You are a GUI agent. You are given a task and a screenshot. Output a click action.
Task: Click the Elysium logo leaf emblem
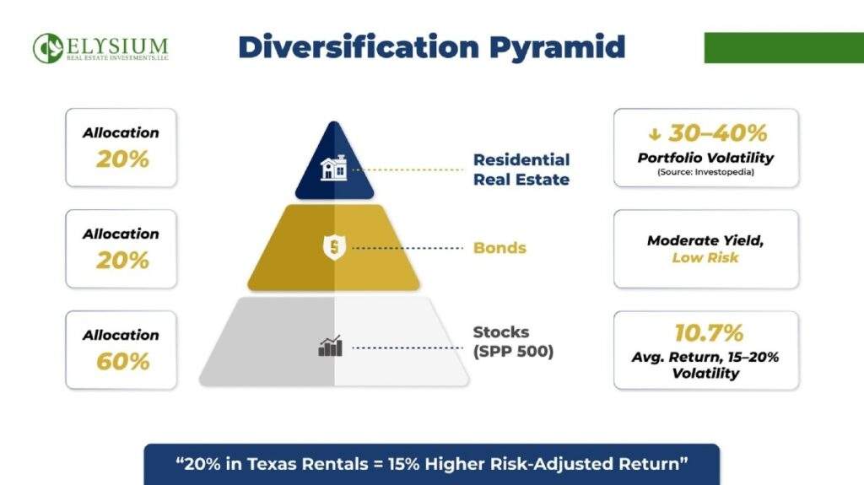click(x=48, y=48)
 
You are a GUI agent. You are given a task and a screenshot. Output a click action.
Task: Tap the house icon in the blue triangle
click(x=334, y=168)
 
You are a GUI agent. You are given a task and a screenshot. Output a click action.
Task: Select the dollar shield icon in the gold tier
click(x=334, y=248)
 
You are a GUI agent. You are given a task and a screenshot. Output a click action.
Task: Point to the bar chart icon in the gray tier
click(x=330, y=346)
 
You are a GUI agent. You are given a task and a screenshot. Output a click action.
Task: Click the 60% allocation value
click(x=121, y=361)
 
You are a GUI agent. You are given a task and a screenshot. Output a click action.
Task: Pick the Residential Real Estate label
click(x=521, y=169)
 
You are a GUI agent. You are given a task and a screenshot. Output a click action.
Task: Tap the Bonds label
click(x=499, y=248)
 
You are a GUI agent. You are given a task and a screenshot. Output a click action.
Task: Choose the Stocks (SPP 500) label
click(x=513, y=342)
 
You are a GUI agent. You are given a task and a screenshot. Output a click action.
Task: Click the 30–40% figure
click(x=717, y=132)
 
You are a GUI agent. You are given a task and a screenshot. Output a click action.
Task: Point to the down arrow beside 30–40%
click(x=653, y=132)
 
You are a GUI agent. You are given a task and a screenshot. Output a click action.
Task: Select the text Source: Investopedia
click(x=705, y=171)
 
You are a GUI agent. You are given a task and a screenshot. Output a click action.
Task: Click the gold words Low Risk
click(x=705, y=257)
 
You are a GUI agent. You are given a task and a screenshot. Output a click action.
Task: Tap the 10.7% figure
click(x=705, y=333)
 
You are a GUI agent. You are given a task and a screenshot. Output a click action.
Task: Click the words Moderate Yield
click(x=705, y=240)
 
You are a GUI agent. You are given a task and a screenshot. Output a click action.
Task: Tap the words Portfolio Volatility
click(x=705, y=158)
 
